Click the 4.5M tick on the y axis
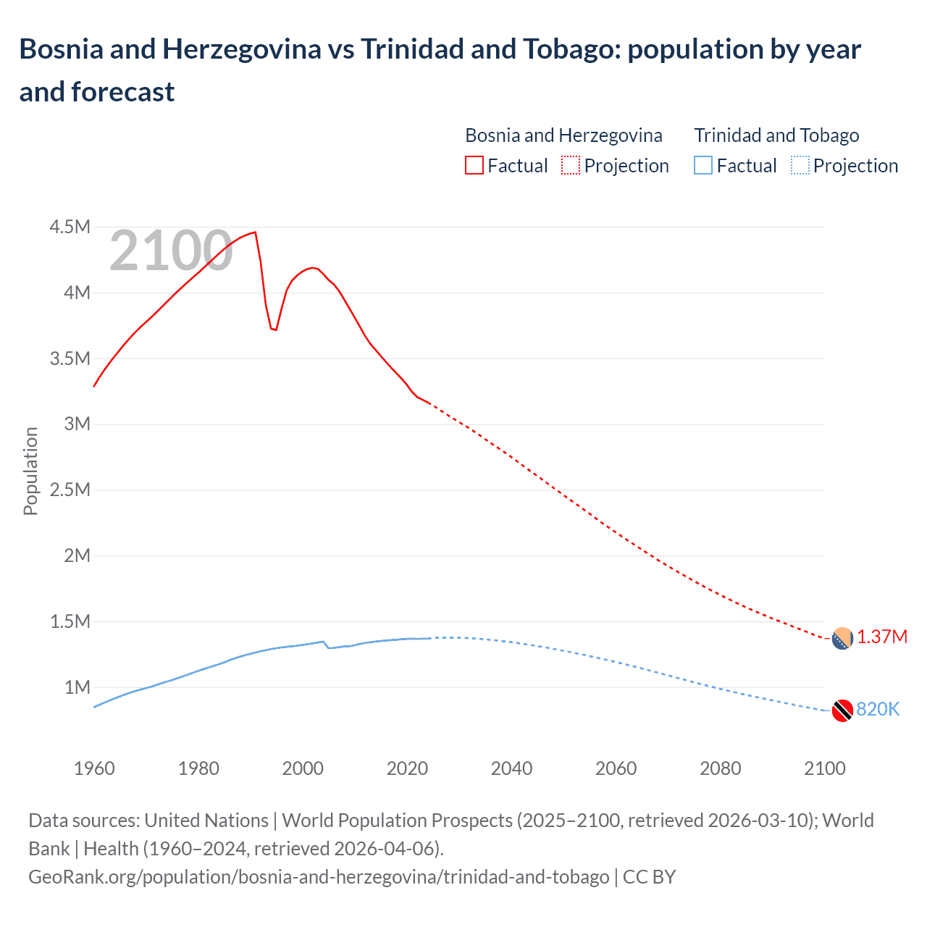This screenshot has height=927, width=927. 70,227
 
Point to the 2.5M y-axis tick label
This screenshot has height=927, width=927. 70,490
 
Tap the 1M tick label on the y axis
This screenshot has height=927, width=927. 77,687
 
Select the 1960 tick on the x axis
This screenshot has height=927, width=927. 94,768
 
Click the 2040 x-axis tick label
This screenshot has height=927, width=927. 511,768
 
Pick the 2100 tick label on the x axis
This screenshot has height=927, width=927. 824,768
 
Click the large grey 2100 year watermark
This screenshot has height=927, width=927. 171,251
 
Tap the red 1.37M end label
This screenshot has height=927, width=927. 882,637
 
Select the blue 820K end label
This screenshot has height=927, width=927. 878,709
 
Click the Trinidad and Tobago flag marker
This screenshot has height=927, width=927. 842,710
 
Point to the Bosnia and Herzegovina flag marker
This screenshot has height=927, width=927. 842,639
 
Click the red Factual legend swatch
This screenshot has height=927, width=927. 474,166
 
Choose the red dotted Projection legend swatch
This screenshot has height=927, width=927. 571,166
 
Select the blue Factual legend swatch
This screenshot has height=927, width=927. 702,166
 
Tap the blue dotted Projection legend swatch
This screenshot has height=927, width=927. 800,166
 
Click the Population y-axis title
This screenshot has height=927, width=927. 30,471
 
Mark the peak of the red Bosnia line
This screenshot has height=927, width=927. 255,232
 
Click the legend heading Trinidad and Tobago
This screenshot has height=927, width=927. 776,135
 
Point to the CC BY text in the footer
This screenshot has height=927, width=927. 649,877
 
